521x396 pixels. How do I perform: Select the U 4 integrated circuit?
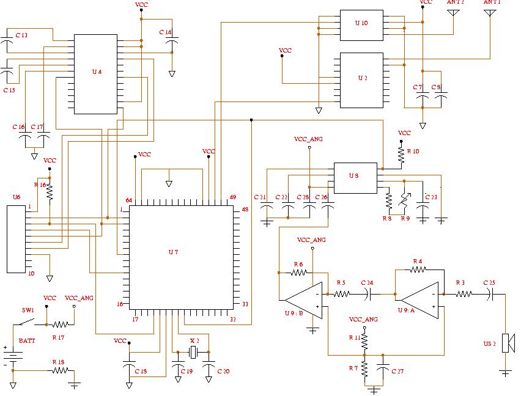coord(95,74)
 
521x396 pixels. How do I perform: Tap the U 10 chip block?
coord(361,25)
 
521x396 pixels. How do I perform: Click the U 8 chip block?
coord(354,178)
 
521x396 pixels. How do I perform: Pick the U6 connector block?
coord(16,239)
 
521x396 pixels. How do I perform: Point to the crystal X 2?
coord(194,352)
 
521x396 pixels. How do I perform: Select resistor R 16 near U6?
coord(50,191)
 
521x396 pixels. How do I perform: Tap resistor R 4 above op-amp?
coord(418,269)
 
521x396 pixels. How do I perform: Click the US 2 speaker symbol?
coord(507,342)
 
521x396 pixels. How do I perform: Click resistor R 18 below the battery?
coord(59,370)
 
